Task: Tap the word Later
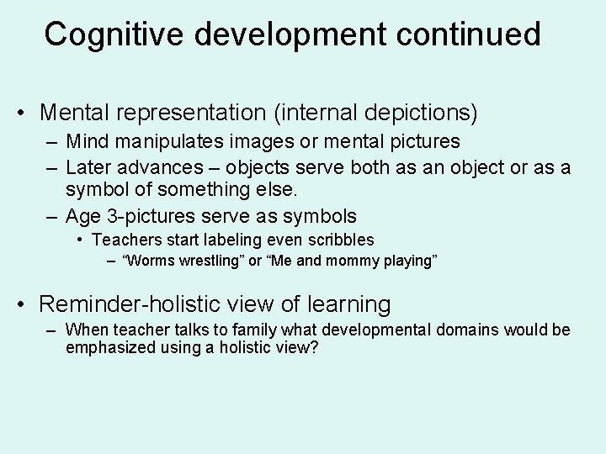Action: [x=89, y=168]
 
